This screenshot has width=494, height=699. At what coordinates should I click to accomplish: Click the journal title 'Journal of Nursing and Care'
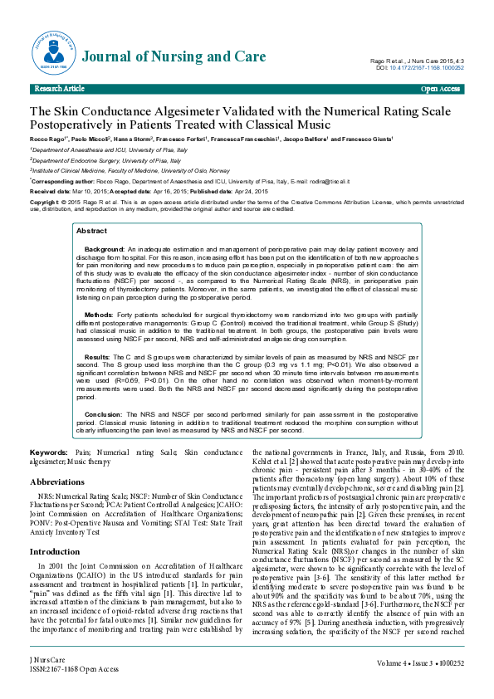[x=174, y=57]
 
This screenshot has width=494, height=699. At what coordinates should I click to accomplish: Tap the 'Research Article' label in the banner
[x=59, y=88]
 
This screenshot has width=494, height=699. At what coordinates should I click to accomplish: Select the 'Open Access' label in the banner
[x=440, y=88]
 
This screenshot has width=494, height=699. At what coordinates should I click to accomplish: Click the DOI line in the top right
[x=419, y=68]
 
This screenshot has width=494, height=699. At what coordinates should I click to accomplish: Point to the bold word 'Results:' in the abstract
[x=99, y=356]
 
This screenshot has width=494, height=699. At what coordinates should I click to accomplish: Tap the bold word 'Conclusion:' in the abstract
[x=105, y=413]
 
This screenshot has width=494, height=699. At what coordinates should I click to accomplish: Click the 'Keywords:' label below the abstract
[x=49, y=452]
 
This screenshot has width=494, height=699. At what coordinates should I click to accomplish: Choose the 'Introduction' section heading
[x=55, y=528]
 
